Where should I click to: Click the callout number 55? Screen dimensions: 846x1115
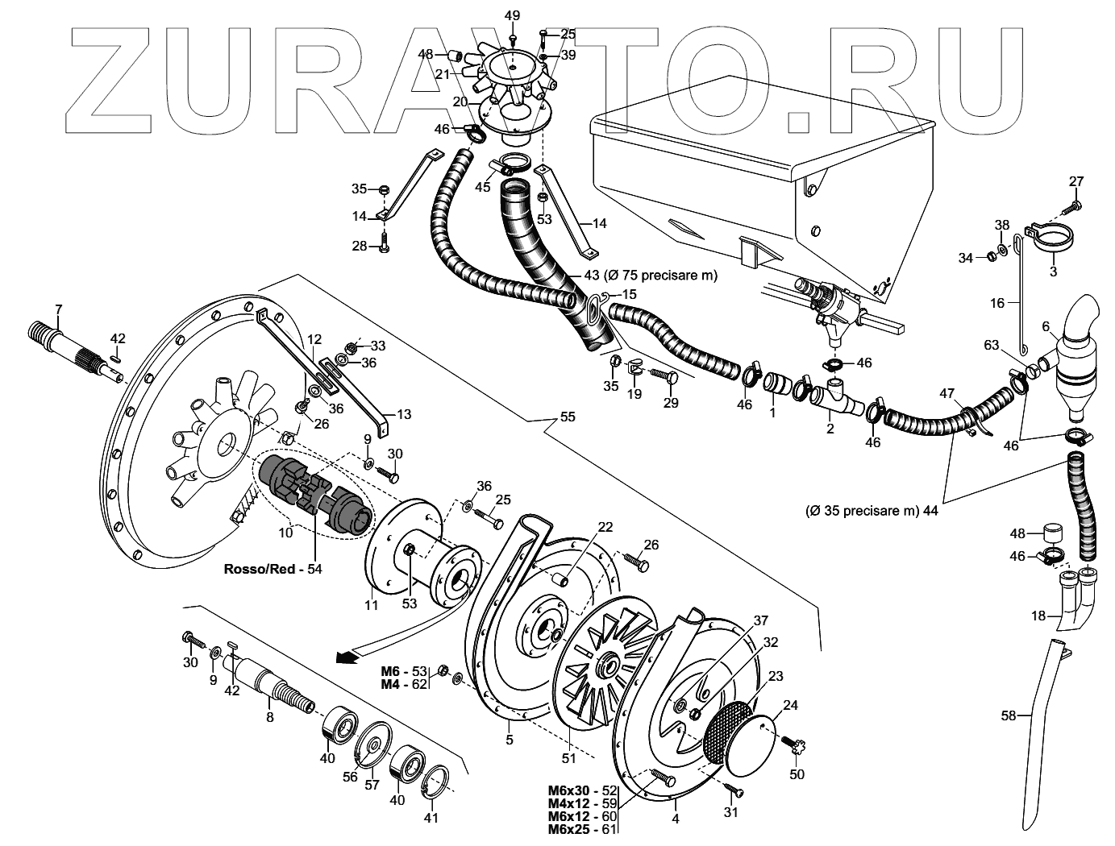point(568,417)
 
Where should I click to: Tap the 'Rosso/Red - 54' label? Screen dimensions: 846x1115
point(273,569)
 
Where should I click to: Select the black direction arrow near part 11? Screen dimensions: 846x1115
point(346,657)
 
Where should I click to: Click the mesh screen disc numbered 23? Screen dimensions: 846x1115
point(728,728)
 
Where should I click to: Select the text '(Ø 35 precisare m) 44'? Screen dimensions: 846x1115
point(872,511)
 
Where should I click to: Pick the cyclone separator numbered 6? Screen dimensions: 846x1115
point(1074,358)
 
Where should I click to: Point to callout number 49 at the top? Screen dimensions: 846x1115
point(513,16)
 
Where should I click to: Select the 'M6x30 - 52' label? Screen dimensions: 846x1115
point(581,791)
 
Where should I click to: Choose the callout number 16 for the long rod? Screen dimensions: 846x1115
point(997,303)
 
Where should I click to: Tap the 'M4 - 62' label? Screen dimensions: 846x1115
point(404,685)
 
